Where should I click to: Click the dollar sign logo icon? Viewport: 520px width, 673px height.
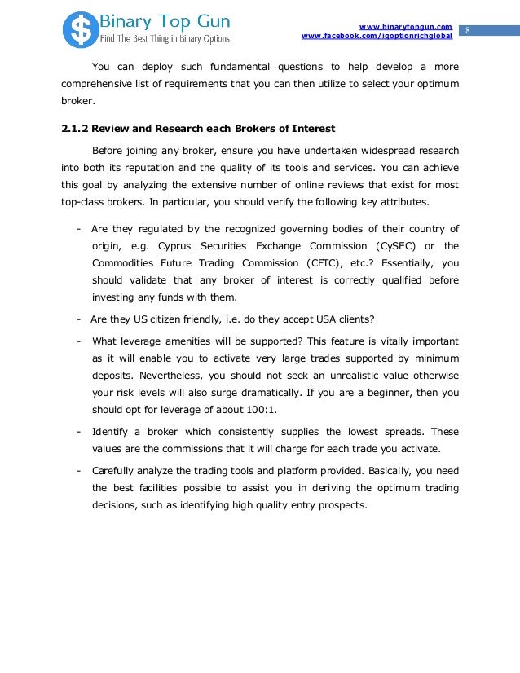pos(80,29)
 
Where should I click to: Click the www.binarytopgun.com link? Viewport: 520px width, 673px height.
pos(405,27)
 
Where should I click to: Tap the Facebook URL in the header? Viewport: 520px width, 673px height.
pos(377,37)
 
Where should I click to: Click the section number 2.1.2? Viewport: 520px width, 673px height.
pos(78,129)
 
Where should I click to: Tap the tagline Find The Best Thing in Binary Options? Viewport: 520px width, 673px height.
pos(165,38)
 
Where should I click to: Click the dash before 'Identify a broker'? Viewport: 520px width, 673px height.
pos(77,432)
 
